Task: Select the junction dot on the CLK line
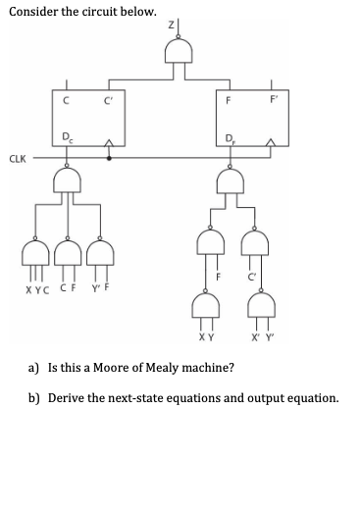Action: point(109,156)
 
